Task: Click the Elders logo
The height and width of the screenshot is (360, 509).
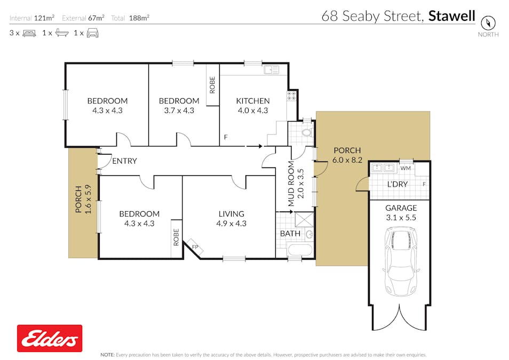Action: click(x=50, y=338)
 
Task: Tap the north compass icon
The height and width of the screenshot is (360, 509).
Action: click(x=488, y=23)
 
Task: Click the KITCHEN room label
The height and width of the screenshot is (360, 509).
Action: click(x=253, y=101)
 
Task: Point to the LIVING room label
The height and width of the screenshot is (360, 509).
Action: click(x=231, y=214)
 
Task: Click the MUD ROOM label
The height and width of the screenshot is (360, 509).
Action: click(x=291, y=184)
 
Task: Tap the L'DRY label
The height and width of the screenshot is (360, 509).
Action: click(x=397, y=184)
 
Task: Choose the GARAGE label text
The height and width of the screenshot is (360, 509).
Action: click(x=401, y=208)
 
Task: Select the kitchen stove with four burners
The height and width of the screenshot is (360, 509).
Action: click(x=292, y=97)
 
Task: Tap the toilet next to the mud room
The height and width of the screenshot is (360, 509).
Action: click(x=306, y=132)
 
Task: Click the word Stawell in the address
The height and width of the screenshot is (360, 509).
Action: click(x=451, y=16)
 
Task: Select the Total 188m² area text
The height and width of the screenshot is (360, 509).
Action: click(x=130, y=18)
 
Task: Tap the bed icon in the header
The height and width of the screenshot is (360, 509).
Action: click(x=29, y=33)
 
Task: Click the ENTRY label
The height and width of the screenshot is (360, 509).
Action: click(x=124, y=161)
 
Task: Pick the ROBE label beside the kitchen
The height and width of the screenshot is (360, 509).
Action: click(x=212, y=85)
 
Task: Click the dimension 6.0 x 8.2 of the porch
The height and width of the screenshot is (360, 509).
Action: click(x=347, y=160)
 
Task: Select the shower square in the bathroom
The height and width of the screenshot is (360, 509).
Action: click(x=304, y=220)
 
